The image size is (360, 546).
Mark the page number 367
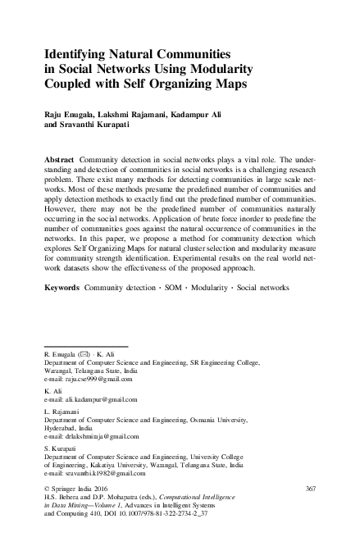(310, 489)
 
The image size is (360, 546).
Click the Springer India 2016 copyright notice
(78, 489)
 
